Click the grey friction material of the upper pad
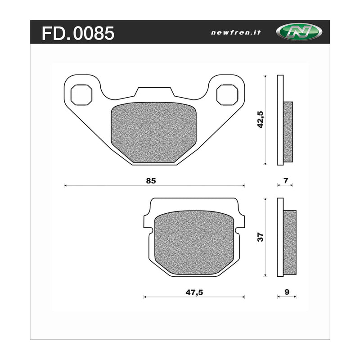click(153, 133)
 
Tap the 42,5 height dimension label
click(260, 120)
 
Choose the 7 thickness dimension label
click(285, 181)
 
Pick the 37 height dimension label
click(260, 237)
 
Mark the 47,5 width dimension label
click(194, 292)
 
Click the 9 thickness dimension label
click(287, 292)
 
